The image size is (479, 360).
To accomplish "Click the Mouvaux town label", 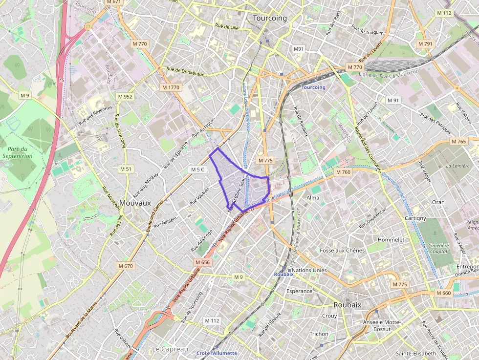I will [134, 203].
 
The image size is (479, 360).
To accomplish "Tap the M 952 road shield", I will [125, 97].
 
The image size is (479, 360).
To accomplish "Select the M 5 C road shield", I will [198, 169].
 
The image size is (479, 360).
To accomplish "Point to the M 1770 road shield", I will [171, 87].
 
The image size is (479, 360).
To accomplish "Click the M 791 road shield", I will [425, 44].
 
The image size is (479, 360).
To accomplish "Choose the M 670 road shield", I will [125, 266].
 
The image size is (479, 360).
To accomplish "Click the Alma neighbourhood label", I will [313, 198].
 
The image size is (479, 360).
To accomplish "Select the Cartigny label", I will [416, 218].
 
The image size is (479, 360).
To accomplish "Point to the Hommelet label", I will [391, 240].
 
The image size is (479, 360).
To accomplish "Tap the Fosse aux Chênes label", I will [342, 251].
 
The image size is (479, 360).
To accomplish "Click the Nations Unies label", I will [309, 270].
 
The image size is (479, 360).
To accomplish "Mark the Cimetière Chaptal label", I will [438, 249].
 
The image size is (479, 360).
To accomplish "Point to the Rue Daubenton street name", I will [372, 219].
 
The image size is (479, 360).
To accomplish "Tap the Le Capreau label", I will [170, 349].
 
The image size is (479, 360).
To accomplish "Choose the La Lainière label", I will [457, 166].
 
